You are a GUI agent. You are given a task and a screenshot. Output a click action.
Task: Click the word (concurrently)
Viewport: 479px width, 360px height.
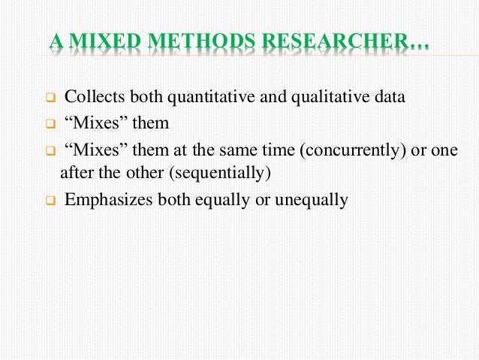pyautogui.click(x=348, y=149)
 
